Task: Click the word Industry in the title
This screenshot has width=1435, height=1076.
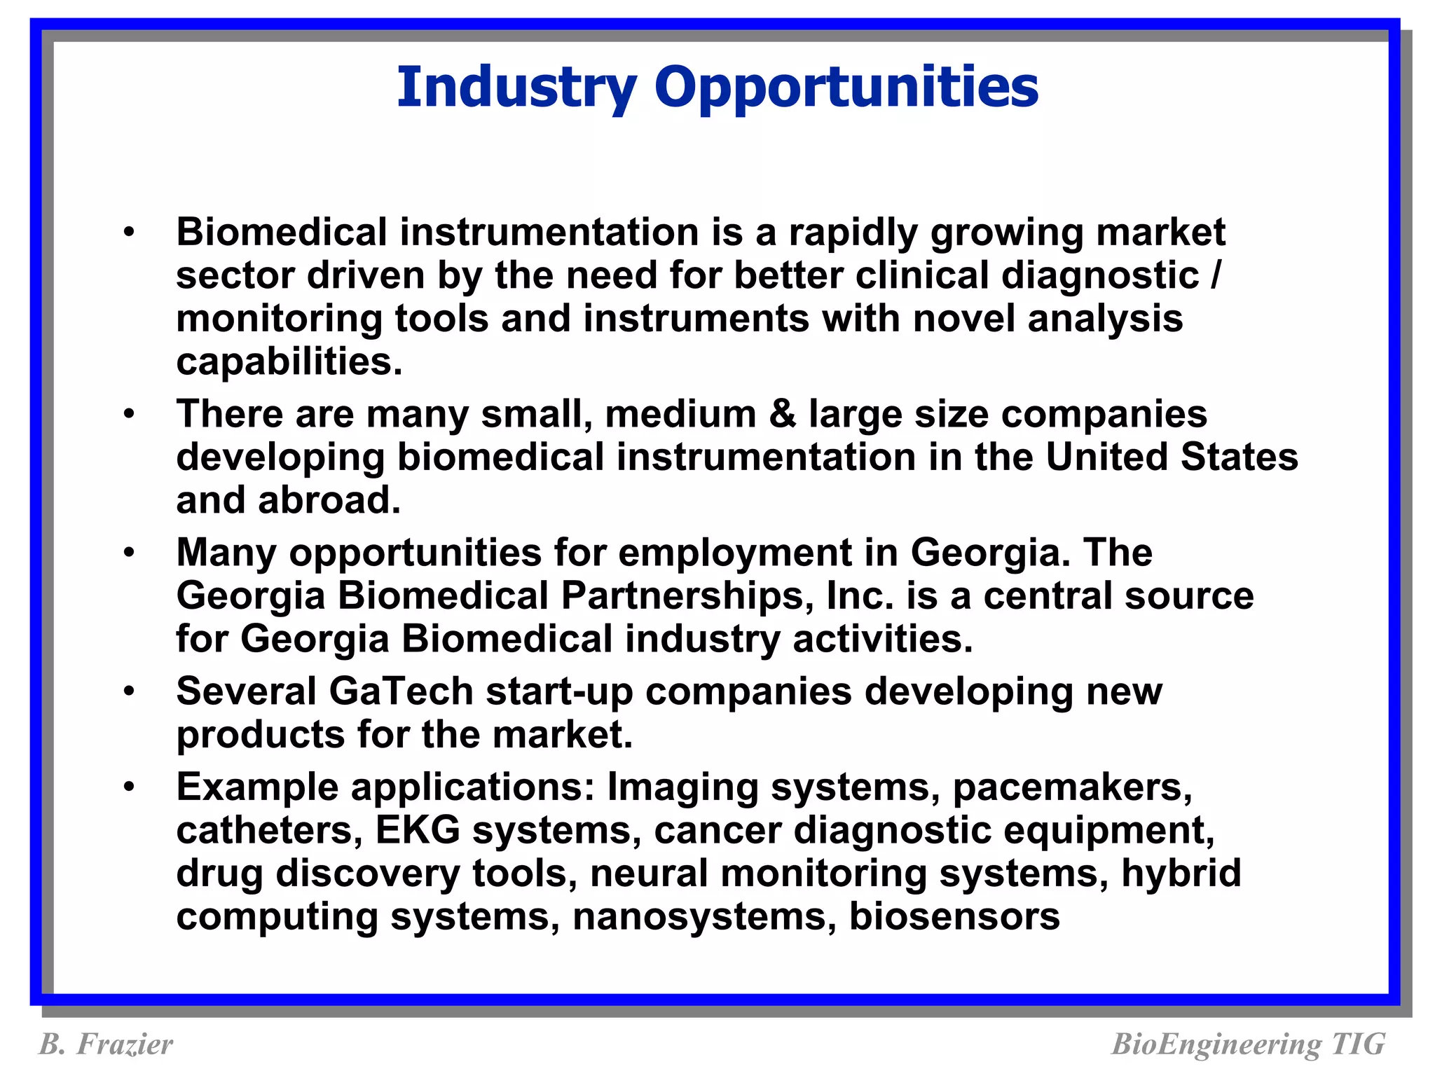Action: coord(516,88)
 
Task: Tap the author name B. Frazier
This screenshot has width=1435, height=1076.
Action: coord(105,1044)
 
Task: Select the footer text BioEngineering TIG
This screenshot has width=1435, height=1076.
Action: coord(1248,1044)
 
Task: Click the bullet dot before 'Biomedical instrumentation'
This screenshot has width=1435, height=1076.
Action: coord(128,233)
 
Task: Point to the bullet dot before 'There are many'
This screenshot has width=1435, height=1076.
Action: coord(128,415)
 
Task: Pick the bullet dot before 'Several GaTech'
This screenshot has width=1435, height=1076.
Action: coord(128,692)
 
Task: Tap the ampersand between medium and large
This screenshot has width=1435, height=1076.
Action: coord(782,414)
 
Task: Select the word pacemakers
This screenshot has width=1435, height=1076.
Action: coord(1072,788)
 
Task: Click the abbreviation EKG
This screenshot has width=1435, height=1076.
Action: coord(418,831)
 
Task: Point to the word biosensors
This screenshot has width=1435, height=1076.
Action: coord(954,917)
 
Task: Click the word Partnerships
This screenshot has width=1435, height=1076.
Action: coord(687,597)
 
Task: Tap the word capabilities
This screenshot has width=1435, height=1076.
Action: coord(289,363)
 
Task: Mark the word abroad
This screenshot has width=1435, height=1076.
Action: coord(329,501)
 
